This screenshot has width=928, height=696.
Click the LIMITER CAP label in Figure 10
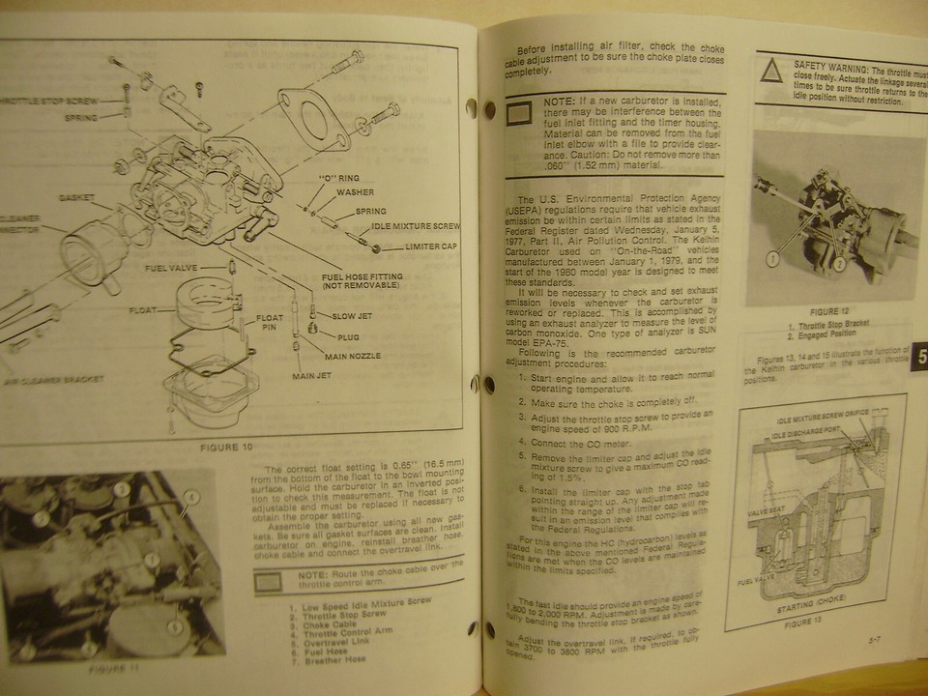tap(410, 248)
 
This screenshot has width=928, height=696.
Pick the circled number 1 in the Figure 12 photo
tap(772, 258)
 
